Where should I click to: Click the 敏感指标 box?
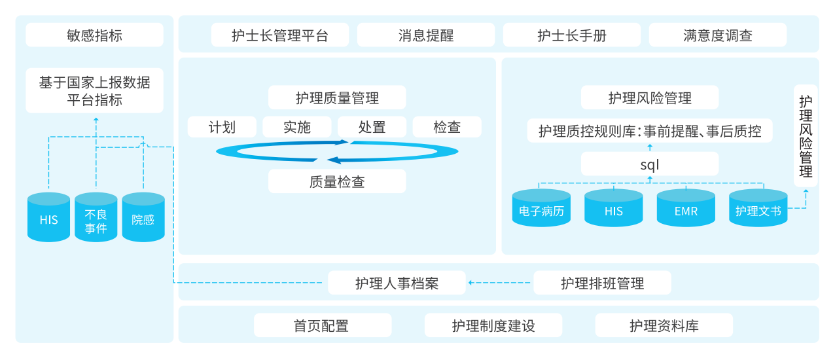[94, 35]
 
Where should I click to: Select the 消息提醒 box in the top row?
[425, 35]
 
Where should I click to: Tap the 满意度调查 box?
[717, 35]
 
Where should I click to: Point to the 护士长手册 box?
[571, 35]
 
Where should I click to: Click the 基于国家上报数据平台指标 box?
[94, 92]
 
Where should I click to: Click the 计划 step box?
[222, 127]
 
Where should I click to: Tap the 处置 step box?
[372, 127]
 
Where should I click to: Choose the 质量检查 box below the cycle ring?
[337, 181]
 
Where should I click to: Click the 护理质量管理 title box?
[337, 98]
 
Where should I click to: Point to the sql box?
[649, 164]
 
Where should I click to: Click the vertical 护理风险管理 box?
[806, 136]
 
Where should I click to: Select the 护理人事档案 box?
[397, 283]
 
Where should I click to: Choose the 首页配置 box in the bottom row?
[322, 325]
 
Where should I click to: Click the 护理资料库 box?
[664, 325]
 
